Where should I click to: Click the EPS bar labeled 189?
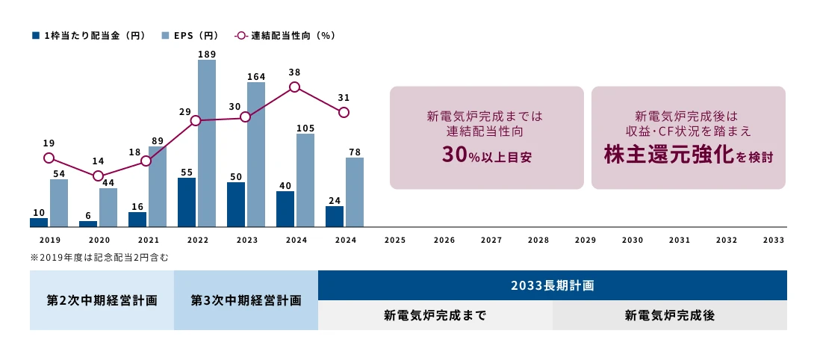coord(207,143)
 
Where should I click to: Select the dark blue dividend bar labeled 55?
coord(187,202)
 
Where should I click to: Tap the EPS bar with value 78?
coord(355,192)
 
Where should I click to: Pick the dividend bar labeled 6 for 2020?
coord(88,223)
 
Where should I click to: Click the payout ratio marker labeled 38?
coord(294,87)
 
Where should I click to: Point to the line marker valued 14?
coord(98,176)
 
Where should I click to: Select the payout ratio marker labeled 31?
coord(344,112)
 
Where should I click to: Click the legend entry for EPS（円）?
coord(191,35)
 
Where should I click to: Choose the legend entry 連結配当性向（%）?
coord(285,35)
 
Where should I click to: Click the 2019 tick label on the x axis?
coord(50,240)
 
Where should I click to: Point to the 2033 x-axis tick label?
coord(774,240)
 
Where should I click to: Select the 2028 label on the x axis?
coord(538,240)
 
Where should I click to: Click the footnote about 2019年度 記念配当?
coord(99,258)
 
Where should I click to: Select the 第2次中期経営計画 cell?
coord(102,300)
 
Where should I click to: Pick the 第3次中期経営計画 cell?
coord(246,300)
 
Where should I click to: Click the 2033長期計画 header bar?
coord(552,285)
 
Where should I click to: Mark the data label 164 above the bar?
coord(256,76)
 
